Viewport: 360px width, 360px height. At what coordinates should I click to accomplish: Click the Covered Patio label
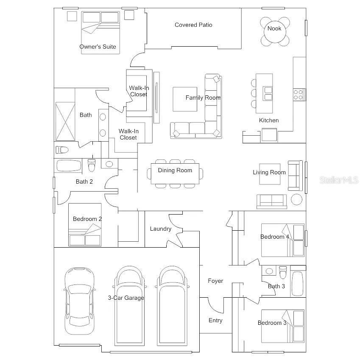193,25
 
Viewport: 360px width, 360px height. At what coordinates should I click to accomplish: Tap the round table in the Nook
275,32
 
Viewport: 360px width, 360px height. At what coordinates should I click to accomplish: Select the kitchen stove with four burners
299,95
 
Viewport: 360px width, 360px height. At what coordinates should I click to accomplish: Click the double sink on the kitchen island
268,93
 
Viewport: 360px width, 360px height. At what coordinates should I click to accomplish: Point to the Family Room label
203,98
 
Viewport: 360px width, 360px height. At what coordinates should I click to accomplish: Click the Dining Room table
175,173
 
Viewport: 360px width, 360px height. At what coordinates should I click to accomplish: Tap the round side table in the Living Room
297,199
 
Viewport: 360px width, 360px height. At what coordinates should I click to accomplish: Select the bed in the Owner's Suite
100,33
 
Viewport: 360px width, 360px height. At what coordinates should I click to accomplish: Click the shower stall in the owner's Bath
65,121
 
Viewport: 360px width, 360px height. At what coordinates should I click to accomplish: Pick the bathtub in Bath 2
69,165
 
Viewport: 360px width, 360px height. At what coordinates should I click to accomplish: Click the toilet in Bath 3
283,272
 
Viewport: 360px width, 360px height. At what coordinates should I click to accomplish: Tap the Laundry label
160,229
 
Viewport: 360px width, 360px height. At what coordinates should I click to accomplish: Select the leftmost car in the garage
79,301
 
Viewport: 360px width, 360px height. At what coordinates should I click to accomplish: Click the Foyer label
215,281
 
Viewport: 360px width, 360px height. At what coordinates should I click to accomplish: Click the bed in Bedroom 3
283,326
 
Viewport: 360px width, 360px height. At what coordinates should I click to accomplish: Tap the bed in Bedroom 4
283,240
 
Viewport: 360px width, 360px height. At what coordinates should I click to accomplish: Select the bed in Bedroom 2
85,225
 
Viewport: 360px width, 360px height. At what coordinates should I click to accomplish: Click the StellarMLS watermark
339,180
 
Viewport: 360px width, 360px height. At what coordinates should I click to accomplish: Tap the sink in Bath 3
269,271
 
